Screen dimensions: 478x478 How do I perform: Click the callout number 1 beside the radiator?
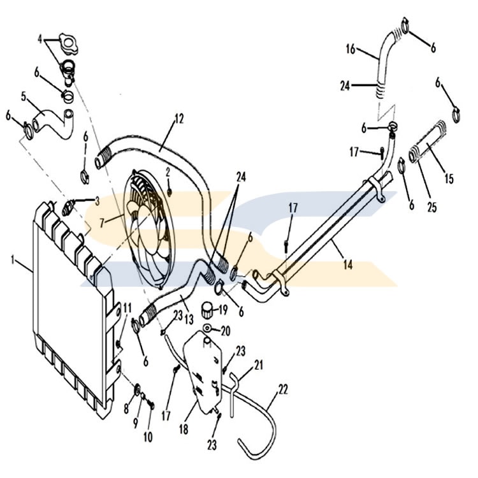click(x=13, y=260)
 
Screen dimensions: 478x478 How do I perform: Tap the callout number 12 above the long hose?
click(x=179, y=119)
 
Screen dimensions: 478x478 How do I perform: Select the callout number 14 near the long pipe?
click(x=348, y=264)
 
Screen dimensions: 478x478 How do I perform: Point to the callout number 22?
click(x=283, y=389)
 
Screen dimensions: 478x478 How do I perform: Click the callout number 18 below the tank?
click(x=184, y=429)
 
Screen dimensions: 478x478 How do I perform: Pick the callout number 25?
click(x=432, y=208)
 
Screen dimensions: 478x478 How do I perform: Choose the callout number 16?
click(x=351, y=49)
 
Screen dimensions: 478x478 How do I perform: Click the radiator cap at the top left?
click(x=68, y=44)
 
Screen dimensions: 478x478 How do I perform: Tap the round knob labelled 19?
click(x=206, y=310)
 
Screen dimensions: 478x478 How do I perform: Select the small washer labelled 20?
click(x=207, y=328)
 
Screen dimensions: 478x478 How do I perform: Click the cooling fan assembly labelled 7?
click(x=149, y=229)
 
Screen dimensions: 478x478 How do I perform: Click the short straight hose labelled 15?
click(x=427, y=143)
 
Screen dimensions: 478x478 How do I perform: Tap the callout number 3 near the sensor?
click(x=97, y=201)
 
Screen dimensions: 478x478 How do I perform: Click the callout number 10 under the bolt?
click(x=148, y=437)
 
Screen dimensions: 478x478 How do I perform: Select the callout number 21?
click(x=259, y=365)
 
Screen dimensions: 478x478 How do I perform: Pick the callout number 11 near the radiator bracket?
click(x=127, y=308)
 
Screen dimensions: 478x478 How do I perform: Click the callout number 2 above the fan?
click(x=168, y=173)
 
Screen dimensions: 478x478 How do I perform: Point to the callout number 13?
click(x=189, y=319)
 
